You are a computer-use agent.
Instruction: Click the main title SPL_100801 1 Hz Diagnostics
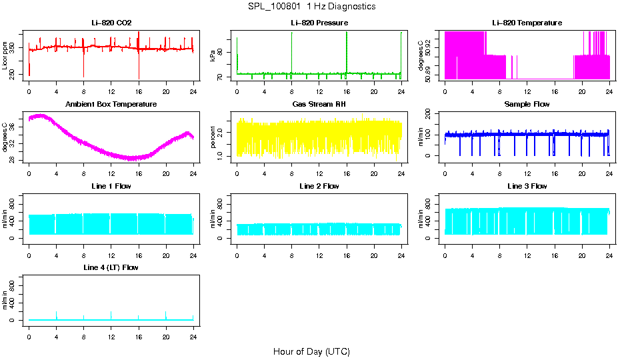pyautogui.click(x=311, y=7)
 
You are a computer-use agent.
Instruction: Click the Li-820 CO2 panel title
pyautogui.click(x=111, y=23)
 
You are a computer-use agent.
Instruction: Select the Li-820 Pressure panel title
pyautogui.click(x=319, y=23)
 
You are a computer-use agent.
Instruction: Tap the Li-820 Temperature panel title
pyautogui.click(x=527, y=23)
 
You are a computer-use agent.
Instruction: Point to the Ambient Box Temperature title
pyautogui.click(x=111, y=105)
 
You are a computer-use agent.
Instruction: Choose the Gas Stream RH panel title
pyautogui.click(x=319, y=105)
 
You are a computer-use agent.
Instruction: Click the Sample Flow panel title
pyautogui.click(x=527, y=105)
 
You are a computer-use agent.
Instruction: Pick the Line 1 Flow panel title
pyautogui.click(x=111, y=186)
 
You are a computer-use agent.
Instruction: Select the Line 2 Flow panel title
pyautogui.click(x=319, y=186)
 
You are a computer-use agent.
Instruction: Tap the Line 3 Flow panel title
pyautogui.click(x=527, y=186)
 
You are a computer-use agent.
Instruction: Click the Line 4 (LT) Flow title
pyautogui.click(x=111, y=267)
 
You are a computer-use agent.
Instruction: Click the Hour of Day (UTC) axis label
pyautogui.click(x=311, y=351)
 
